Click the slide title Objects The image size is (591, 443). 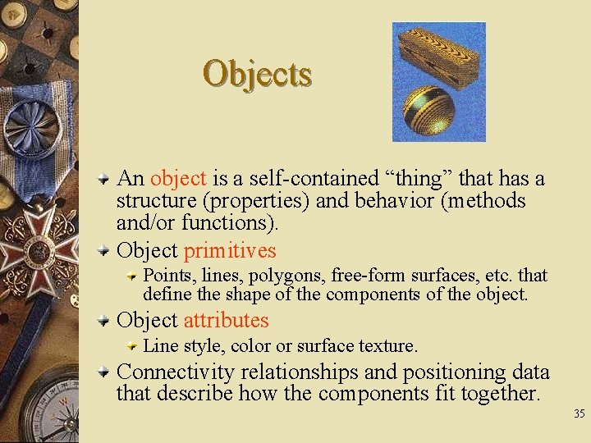[x=257, y=73]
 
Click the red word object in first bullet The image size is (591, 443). [x=179, y=179]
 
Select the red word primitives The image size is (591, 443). [x=230, y=250]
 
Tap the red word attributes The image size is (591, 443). [x=226, y=321]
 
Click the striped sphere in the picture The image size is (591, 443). [x=432, y=113]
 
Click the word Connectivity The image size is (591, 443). [x=175, y=372]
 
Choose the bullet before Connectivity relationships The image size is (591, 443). [x=104, y=372]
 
